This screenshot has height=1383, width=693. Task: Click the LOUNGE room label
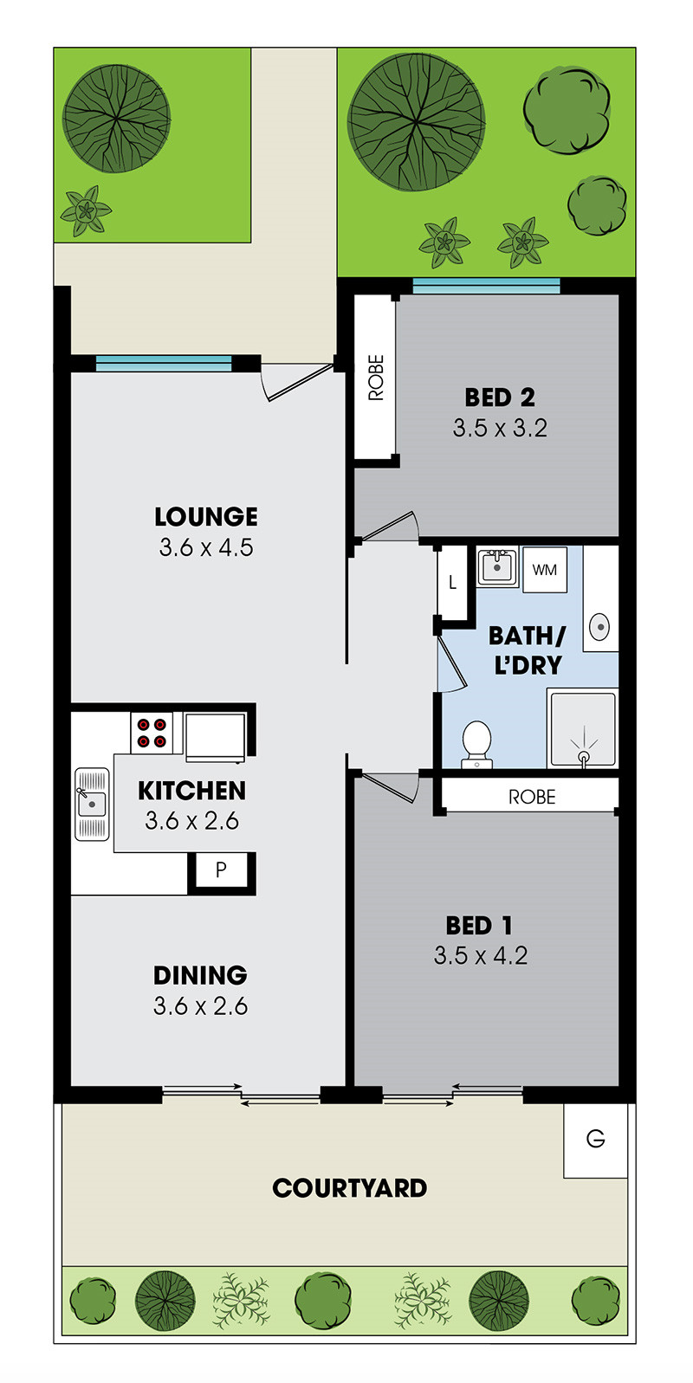click(205, 517)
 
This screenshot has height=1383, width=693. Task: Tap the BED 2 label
click(500, 397)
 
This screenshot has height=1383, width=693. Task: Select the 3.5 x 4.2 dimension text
click(481, 956)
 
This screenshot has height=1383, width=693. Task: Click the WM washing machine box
click(544, 570)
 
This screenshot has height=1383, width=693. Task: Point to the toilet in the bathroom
click(476, 745)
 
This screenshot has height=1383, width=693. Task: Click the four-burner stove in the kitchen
click(152, 733)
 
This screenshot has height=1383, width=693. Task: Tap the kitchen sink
click(92, 805)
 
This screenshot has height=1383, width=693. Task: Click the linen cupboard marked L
click(452, 582)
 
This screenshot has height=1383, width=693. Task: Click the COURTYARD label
click(350, 1188)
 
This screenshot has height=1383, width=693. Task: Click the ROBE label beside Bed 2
click(376, 378)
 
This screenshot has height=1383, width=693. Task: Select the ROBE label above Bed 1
click(532, 797)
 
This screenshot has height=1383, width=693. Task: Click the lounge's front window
click(164, 364)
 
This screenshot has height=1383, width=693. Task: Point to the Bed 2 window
click(486, 286)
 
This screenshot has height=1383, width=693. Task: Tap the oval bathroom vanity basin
click(599, 627)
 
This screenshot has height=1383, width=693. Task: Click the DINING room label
click(200, 975)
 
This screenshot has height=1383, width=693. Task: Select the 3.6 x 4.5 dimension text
click(205, 547)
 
